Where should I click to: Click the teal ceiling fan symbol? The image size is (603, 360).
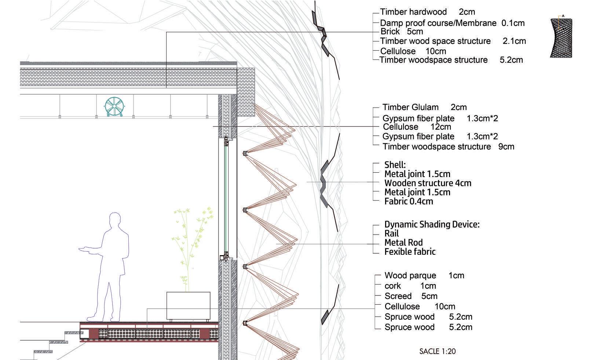click(x=114, y=106)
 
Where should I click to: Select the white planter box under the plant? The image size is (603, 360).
click(x=188, y=306)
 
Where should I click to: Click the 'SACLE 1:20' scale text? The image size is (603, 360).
click(x=438, y=351)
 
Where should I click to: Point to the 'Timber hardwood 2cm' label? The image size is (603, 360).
click(x=427, y=12)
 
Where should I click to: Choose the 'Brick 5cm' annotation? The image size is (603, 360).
click(x=402, y=32)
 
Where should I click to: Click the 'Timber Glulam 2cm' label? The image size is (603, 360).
click(x=424, y=107)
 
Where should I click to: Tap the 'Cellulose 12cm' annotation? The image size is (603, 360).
click(x=417, y=127)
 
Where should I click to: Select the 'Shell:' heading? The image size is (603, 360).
click(x=395, y=165)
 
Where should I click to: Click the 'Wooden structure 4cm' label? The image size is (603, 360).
click(x=428, y=183)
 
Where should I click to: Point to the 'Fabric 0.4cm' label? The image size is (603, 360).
click(x=409, y=201)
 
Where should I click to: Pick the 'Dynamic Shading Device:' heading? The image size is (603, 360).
click(x=432, y=224)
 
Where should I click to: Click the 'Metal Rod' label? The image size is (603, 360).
click(x=403, y=243)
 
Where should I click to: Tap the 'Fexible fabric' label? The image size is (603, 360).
click(x=410, y=252)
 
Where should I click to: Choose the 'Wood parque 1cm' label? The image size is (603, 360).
click(x=424, y=276)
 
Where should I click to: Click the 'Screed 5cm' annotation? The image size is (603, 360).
click(x=411, y=296)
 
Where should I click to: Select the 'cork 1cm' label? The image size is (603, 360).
click(x=410, y=286)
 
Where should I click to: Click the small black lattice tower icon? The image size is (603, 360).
click(x=561, y=38)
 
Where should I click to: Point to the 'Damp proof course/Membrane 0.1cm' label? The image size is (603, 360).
click(x=452, y=23)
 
